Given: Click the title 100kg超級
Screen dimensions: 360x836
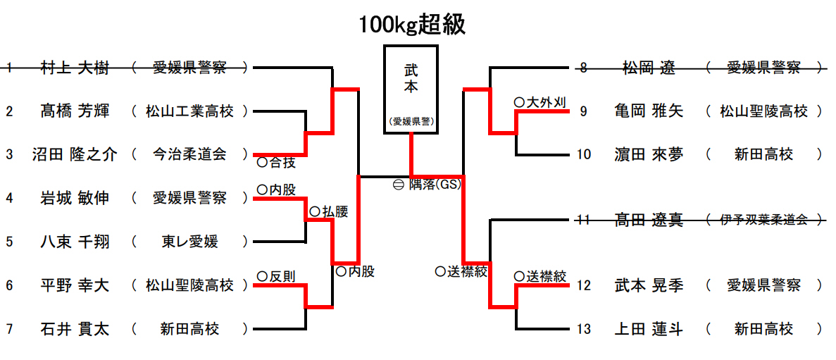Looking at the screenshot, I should [412, 25].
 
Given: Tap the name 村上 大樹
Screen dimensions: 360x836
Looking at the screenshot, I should [75, 68].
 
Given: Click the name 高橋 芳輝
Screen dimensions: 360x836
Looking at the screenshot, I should [75, 111].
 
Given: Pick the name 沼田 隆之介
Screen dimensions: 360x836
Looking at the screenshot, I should [75, 154].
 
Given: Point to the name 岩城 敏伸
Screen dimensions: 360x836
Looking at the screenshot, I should [75, 198].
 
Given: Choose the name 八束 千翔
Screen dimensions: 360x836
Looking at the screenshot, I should [75, 242].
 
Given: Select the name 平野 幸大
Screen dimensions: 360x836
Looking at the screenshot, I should [75, 285].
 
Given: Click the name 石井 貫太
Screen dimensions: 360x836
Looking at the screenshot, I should [75, 328].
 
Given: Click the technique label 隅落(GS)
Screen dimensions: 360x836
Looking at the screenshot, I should [434, 185].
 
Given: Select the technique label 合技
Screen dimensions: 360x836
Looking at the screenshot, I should [282, 163].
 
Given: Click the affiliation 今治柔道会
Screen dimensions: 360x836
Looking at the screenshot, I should [190, 154].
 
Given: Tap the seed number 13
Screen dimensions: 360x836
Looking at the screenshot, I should [583, 329].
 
